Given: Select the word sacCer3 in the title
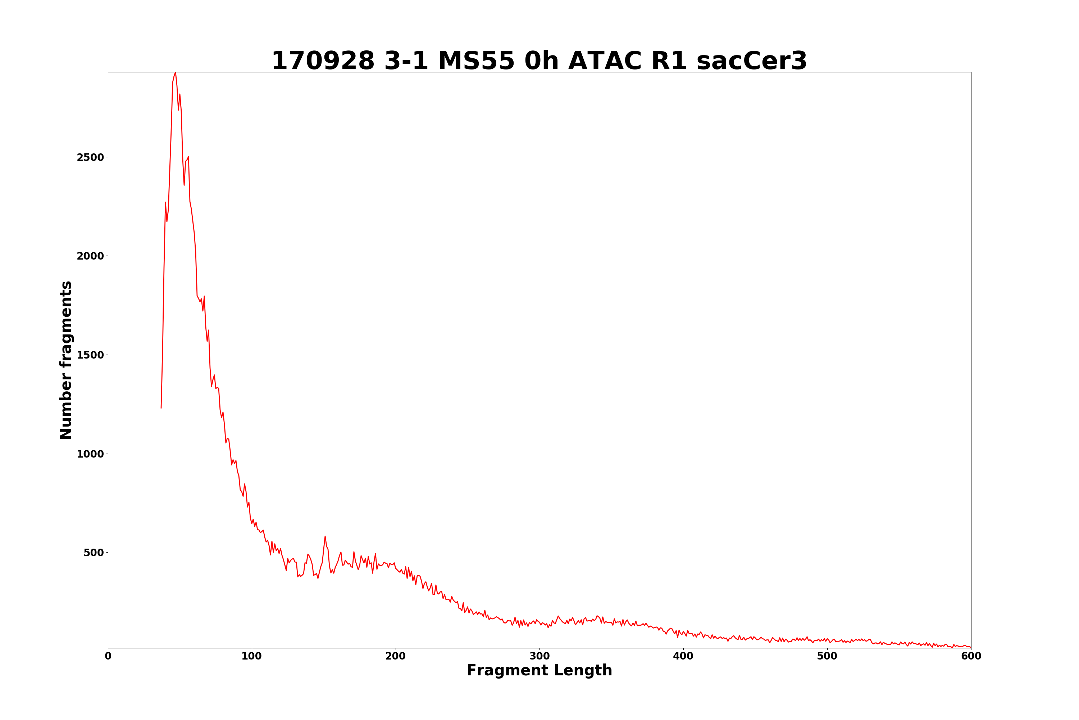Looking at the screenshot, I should click(x=751, y=61).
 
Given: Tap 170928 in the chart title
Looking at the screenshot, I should click(x=323, y=61).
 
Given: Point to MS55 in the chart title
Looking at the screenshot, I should click(x=476, y=61).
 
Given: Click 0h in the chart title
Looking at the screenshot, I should click(x=541, y=61).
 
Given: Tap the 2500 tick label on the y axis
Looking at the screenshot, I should click(x=90, y=158).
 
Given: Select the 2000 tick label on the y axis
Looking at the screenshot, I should click(x=90, y=256).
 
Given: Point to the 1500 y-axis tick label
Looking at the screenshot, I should click(x=90, y=355).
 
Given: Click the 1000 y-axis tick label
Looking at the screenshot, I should click(x=90, y=454).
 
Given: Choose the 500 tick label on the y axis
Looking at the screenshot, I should click(x=94, y=552).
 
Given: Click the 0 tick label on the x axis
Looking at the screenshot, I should click(x=108, y=656).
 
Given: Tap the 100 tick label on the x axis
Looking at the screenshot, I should click(x=252, y=656).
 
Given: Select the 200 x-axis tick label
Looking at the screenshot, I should click(x=395, y=656).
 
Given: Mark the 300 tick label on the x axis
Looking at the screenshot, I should click(x=539, y=656).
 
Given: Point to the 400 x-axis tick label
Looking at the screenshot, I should click(x=683, y=656).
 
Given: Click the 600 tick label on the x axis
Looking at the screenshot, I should click(x=971, y=656).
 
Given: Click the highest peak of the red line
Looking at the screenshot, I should click(x=175, y=73).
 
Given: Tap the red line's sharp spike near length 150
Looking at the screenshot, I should click(x=325, y=536).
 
